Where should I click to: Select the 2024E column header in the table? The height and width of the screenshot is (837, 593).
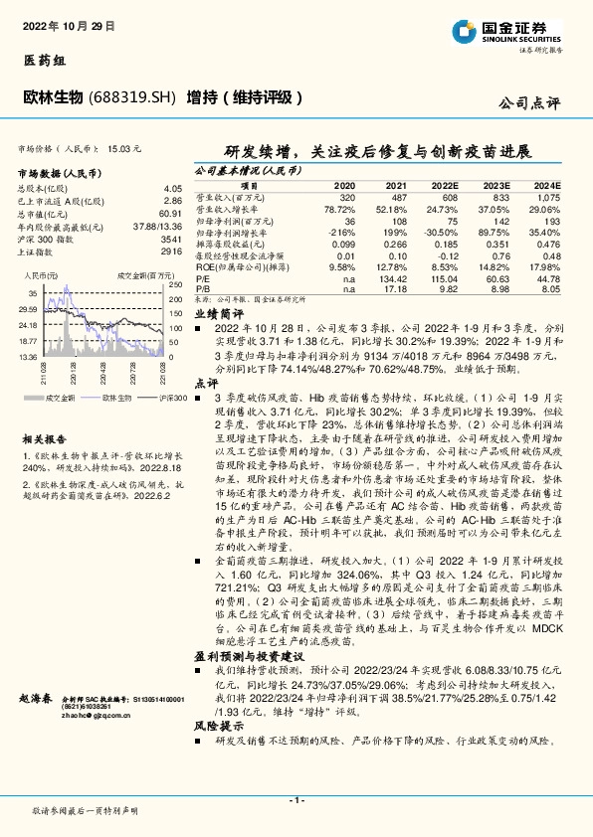click(547, 186)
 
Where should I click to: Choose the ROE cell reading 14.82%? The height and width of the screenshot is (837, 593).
click(494, 268)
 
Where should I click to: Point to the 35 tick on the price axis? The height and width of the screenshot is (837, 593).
click(32, 293)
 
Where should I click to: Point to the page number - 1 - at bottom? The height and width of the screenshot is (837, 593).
click(296, 800)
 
